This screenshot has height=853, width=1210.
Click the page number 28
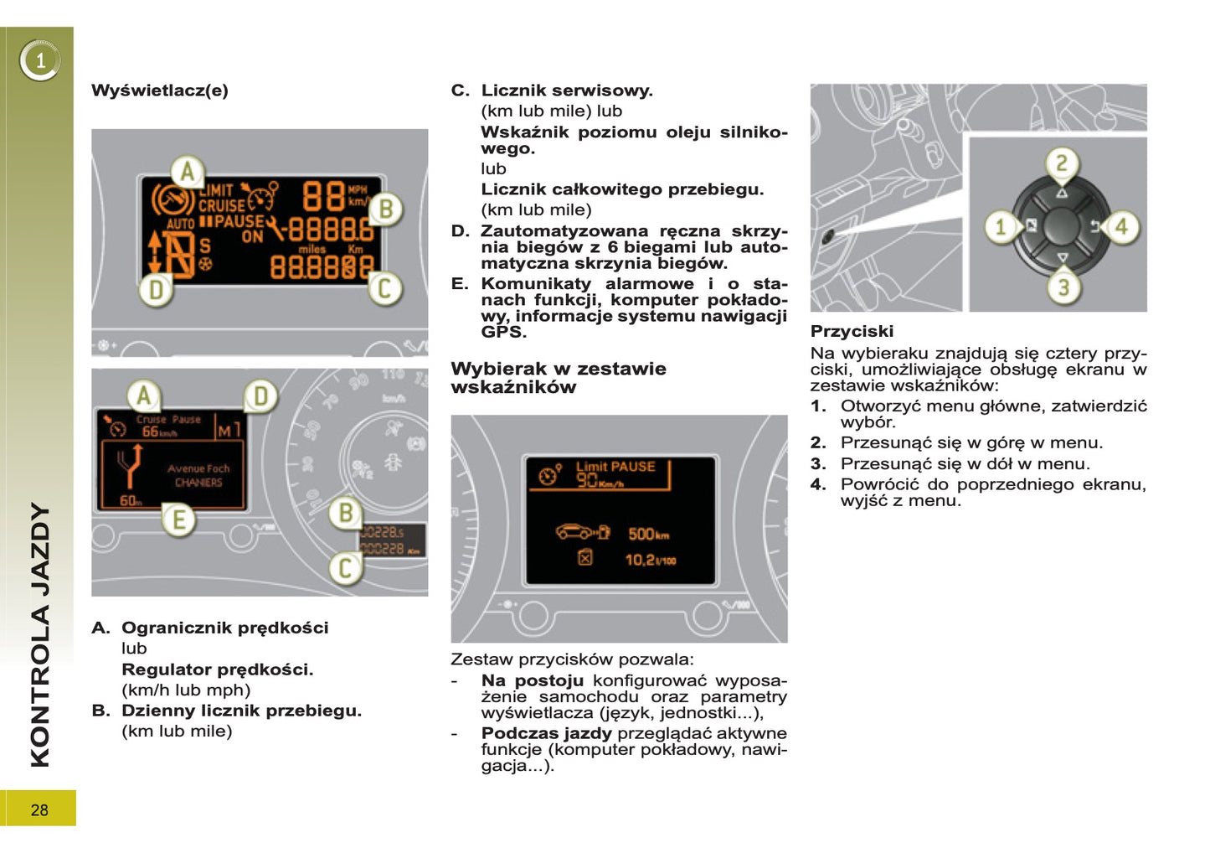(39, 809)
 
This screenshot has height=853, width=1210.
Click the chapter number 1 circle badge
(39, 60)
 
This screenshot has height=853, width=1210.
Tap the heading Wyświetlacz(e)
(159, 90)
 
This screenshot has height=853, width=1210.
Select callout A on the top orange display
(188, 172)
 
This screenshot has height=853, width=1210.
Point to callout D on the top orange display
(157, 290)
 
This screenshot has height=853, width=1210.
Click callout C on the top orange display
(384, 288)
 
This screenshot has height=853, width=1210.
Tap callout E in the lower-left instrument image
(178, 520)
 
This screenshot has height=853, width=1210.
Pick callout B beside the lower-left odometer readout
(345, 512)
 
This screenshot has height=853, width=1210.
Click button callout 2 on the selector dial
(1061, 163)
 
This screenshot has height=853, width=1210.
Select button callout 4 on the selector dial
(1121, 226)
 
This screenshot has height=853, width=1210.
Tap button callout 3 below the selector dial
(1063, 287)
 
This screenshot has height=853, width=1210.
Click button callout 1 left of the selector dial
(1000, 226)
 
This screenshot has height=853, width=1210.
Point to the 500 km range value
(648, 534)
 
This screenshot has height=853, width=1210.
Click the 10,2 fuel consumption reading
(650, 559)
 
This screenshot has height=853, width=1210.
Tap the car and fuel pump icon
(583, 532)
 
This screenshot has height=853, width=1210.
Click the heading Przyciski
(852, 331)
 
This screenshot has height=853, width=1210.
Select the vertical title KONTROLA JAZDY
(40, 634)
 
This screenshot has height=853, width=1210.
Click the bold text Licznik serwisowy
(567, 90)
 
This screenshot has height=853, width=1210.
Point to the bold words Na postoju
(532, 680)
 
